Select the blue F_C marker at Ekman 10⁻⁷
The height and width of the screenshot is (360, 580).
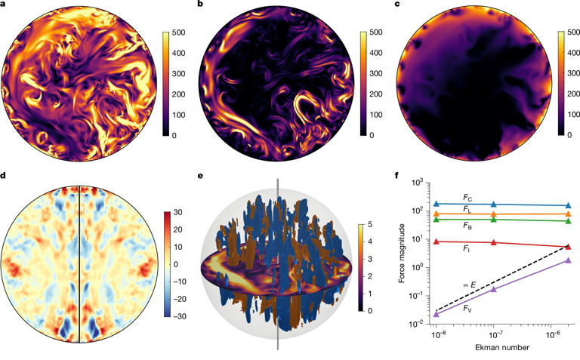[493, 205]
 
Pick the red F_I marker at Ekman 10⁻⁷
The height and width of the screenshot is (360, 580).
[493, 242]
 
